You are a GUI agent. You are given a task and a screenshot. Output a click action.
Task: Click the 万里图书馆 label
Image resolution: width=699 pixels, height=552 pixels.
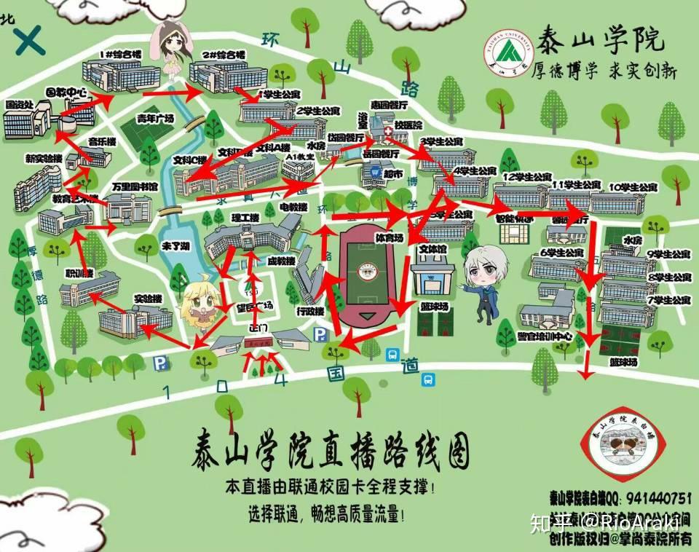(x=135, y=187)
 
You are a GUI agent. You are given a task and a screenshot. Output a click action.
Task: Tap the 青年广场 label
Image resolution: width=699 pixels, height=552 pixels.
(x=155, y=119)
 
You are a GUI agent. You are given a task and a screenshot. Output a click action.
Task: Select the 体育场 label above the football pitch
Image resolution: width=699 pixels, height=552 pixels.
(x=389, y=237)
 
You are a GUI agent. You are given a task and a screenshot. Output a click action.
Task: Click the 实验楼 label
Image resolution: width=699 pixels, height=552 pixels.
(x=147, y=299)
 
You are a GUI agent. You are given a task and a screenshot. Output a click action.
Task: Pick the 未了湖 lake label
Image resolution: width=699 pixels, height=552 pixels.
(x=175, y=246)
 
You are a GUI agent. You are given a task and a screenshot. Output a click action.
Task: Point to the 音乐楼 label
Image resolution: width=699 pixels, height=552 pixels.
(x=102, y=141)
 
